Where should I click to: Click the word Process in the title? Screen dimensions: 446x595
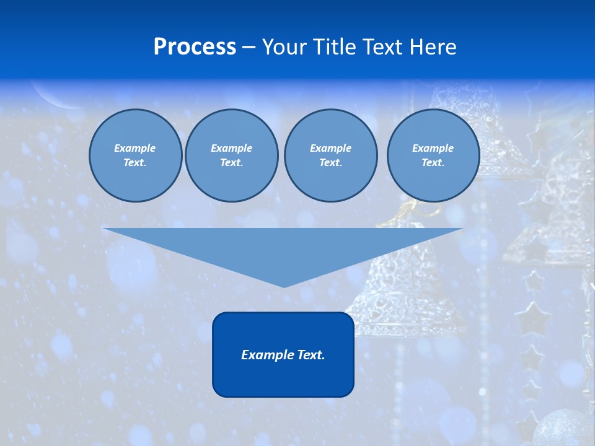click(x=195, y=47)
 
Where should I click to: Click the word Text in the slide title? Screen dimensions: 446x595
click(x=383, y=47)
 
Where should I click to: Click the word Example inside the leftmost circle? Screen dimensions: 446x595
click(x=134, y=148)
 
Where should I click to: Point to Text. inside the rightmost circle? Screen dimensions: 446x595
click(x=433, y=163)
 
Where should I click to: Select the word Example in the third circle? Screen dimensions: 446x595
click(x=330, y=148)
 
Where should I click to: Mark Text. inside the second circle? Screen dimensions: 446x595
click(x=231, y=163)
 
